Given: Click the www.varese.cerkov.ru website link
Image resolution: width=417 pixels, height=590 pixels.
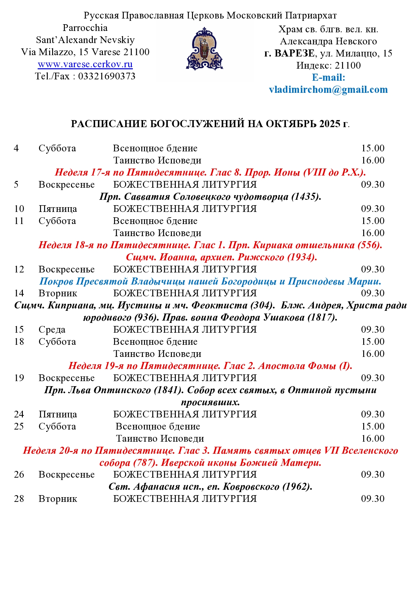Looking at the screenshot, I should point(85,64).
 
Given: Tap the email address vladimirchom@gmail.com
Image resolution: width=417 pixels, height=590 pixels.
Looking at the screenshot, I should point(328,89).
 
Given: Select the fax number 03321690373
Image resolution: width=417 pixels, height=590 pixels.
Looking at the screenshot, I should point(107,76).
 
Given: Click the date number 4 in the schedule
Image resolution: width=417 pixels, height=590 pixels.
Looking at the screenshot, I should point(16,148).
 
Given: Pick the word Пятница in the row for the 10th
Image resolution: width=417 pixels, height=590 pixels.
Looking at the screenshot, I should point(58,209).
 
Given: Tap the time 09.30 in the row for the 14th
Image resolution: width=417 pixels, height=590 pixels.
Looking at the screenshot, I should point(373,293).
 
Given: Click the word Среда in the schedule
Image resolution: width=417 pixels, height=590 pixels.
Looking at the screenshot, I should point(52,330).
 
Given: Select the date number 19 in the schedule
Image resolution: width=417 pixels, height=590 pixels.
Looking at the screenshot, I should point(19,378).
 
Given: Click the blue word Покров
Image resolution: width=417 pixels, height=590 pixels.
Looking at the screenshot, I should point(56,281).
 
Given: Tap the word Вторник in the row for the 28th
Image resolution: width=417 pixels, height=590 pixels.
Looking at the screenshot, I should point(58,499).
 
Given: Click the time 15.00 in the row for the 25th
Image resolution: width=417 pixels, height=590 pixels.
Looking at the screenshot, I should point(373,427).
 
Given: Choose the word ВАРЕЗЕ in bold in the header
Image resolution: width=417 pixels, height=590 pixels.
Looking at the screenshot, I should point(295,53).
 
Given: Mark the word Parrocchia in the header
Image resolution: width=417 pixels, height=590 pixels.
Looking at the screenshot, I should point(85,28).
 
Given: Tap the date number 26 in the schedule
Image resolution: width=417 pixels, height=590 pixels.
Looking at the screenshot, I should point(19,475).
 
